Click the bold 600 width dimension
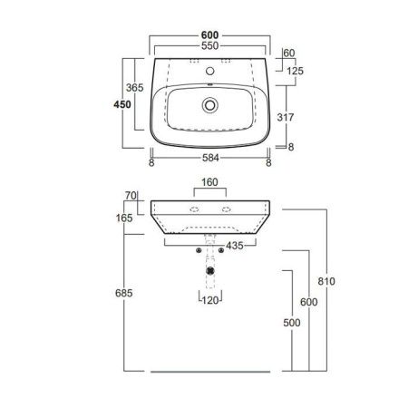(x=209, y=35)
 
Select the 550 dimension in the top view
(x=209, y=45)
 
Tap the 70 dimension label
(x=130, y=196)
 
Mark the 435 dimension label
(x=232, y=246)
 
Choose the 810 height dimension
(x=327, y=281)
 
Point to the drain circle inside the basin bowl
(x=210, y=105)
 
